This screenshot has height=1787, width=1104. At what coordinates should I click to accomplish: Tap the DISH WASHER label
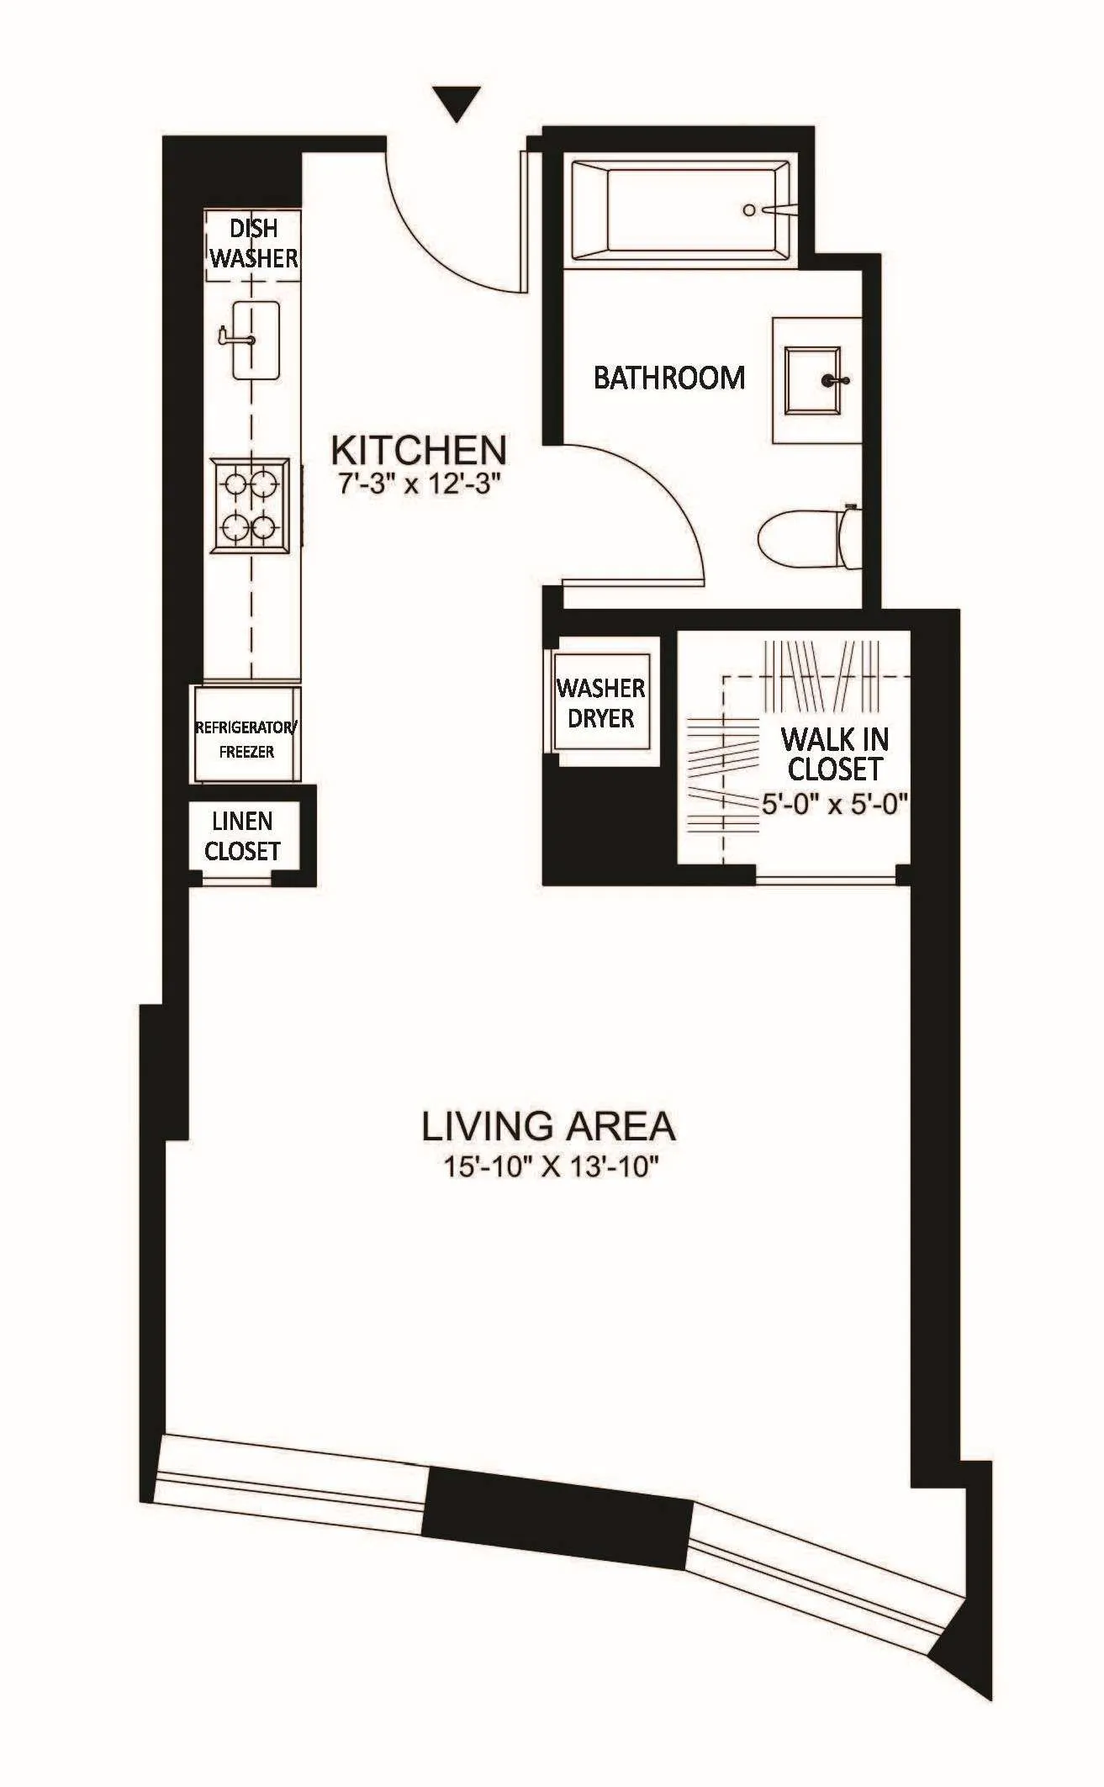(x=253, y=244)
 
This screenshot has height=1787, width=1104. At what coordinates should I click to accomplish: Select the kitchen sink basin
(x=256, y=341)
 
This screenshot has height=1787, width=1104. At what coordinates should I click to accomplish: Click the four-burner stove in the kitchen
(x=250, y=505)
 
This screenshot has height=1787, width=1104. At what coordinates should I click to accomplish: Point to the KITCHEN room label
(x=419, y=451)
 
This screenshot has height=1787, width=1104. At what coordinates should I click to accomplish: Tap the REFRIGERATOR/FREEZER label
(x=246, y=739)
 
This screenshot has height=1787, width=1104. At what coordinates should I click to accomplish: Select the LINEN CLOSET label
(x=242, y=837)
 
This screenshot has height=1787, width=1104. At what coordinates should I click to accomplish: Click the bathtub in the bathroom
(x=681, y=210)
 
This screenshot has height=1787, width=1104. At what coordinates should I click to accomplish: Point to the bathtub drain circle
(x=749, y=210)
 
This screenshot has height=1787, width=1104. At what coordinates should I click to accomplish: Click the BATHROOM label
(x=669, y=378)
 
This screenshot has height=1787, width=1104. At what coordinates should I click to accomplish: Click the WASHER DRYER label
(x=601, y=703)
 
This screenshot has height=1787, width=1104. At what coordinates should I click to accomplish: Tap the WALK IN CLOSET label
(x=835, y=754)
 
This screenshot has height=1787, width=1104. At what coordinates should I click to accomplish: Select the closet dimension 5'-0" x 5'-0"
(x=835, y=805)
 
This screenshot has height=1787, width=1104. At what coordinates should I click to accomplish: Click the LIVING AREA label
(x=548, y=1126)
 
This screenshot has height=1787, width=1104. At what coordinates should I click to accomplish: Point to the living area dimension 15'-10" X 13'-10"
(x=548, y=1167)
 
